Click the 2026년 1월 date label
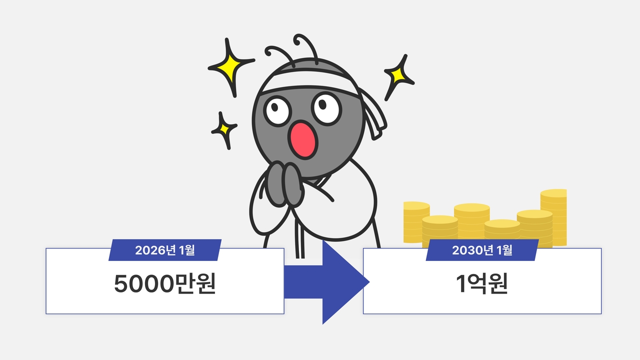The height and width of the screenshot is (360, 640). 165,250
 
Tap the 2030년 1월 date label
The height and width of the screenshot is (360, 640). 482,250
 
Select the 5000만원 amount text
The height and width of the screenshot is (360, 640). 165,283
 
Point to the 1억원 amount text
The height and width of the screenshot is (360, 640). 482,283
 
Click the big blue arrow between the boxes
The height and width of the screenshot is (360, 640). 327,282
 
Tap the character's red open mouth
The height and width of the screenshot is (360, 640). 303,140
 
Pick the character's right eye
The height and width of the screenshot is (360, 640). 326,108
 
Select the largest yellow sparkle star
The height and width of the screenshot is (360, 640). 230,67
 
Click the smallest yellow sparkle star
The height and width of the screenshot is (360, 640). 224,130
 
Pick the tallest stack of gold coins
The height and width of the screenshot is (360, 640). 553,217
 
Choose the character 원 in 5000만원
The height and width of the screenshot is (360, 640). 205,283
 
